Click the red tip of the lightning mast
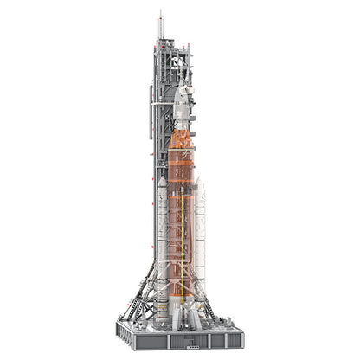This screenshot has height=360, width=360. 159,12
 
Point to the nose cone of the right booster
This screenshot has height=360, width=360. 200,184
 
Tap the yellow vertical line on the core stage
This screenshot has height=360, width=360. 183,225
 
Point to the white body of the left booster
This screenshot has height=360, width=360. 162,242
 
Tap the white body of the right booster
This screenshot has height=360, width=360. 201,242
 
